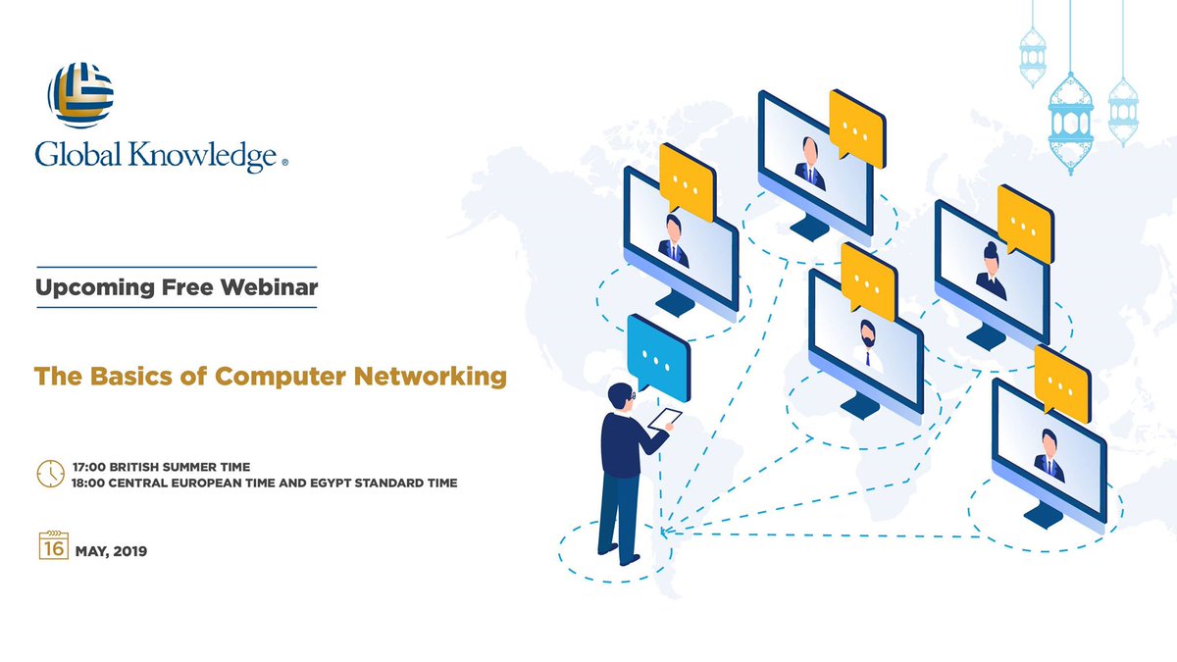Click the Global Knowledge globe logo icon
pos(80,94)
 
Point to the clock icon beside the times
pos(50,473)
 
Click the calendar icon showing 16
pos(53,546)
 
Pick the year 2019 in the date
pos(129,551)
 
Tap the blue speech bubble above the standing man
pos(657,353)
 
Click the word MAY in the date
pos(91,551)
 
